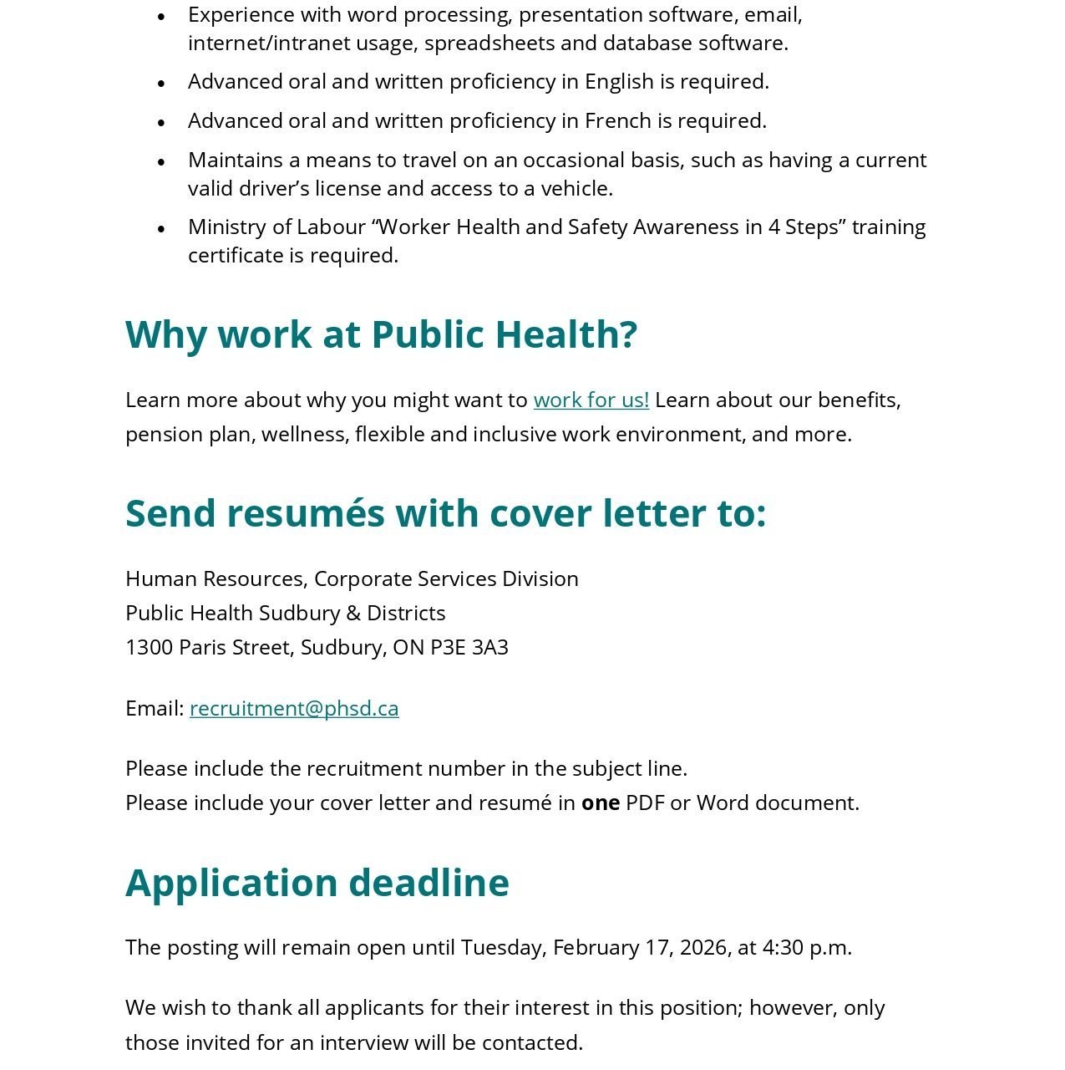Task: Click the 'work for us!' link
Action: [x=591, y=400]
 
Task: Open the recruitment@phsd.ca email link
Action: [x=294, y=708]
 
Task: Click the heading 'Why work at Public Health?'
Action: [x=381, y=334]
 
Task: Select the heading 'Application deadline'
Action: [x=317, y=883]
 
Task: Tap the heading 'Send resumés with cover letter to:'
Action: [x=445, y=513]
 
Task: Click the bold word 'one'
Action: [x=601, y=803]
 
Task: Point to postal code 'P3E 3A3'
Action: [x=469, y=648]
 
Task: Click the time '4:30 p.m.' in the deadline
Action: [x=807, y=948]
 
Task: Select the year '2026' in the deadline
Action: [x=703, y=948]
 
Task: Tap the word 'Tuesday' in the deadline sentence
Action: [x=503, y=948]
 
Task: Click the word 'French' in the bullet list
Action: [x=618, y=121]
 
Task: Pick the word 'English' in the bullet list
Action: [x=619, y=82]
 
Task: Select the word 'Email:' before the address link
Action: [x=155, y=708]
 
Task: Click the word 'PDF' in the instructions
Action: [x=645, y=803]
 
